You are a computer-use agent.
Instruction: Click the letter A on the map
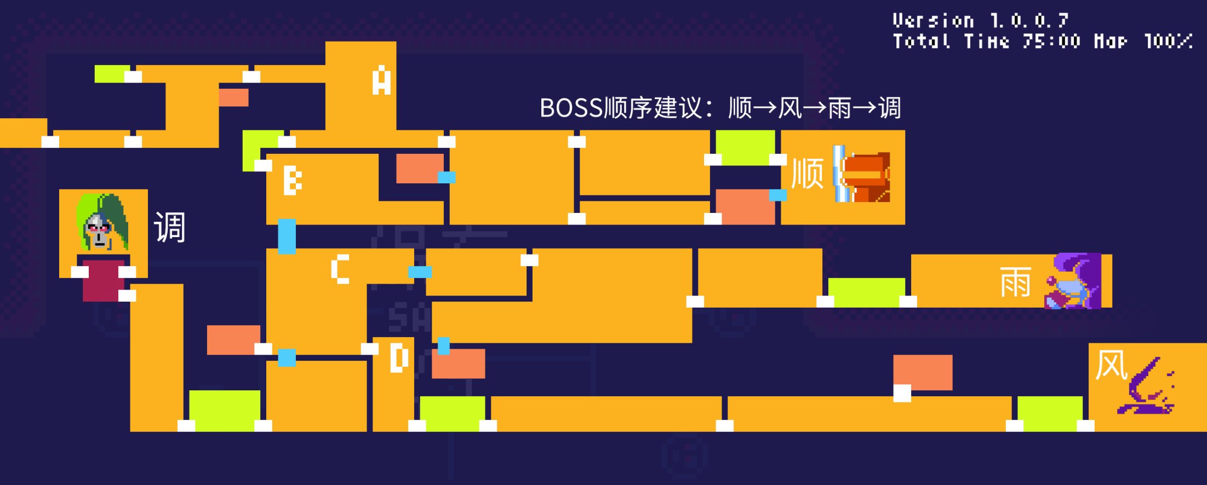pyautogui.click(x=381, y=80)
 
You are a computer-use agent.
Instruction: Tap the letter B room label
pyautogui.click(x=293, y=181)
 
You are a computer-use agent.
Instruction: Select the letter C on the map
pyautogui.click(x=340, y=269)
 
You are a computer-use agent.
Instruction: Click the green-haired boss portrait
pyautogui.click(x=103, y=222)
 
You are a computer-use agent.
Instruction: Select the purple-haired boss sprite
pyautogui.click(x=1073, y=281)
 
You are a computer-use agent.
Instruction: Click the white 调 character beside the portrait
pyautogui.click(x=170, y=227)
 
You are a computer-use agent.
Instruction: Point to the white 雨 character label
pyautogui.click(x=1015, y=282)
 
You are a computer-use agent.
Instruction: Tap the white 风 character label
pyautogui.click(x=1111, y=365)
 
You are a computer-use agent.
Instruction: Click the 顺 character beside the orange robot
pyautogui.click(x=808, y=174)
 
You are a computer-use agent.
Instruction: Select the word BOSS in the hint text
pyautogui.click(x=571, y=108)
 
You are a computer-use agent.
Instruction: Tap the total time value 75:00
pyautogui.click(x=1051, y=41)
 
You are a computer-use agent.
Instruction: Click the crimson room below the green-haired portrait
pyautogui.click(x=103, y=279)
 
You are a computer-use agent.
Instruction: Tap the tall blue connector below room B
pyautogui.click(x=287, y=236)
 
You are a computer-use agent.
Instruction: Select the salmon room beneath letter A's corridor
pyautogui.click(x=233, y=97)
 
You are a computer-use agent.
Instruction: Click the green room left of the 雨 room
pyautogui.click(x=866, y=292)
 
